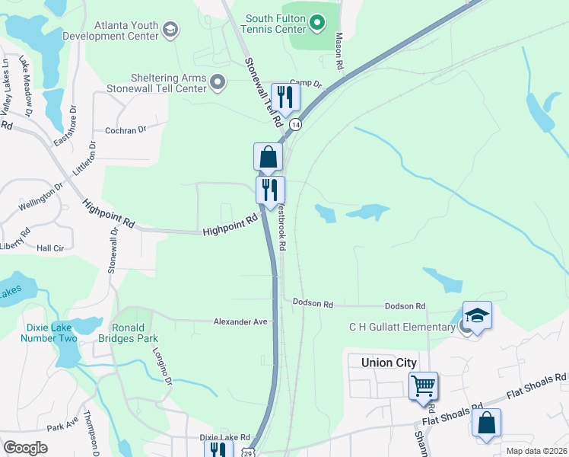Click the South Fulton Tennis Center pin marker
pyautogui.click(x=318, y=24)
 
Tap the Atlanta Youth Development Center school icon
pyautogui.click(x=170, y=30)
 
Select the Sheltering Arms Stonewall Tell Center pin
pyautogui.click(x=218, y=82)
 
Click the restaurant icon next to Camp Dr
pyautogui.click(x=285, y=96)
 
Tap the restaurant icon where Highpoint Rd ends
pyautogui.click(x=270, y=189)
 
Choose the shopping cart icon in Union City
pyautogui.click(x=423, y=385)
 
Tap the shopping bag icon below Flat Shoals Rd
pyautogui.click(x=486, y=423)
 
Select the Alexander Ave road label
pyautogui.click(x=240, y=322)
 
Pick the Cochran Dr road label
pyautogui.click(x=126, y=130)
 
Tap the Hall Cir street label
pyautogui.click(x=51, y=248)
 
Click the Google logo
pyautogui.click(x=25, y=447)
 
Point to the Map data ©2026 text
pyautogui.click(x=536, y=451)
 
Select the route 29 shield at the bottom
pyautogui.click(x=249, y=452)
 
